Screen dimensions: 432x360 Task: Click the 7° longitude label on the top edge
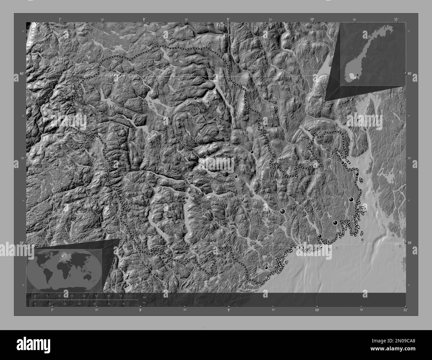pyautogui.click(x=60, y=20)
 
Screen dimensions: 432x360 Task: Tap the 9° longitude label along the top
pyautogui.click(x=228, y=20)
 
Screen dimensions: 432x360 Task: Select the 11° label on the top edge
pyautogui.click(x=396, y=20)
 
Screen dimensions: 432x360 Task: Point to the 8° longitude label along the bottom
pyautogui.click(x=141, y=310)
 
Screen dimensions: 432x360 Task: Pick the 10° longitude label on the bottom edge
pyautogui.click(x=317, y=310)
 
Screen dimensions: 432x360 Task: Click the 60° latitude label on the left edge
pyautogui.click(x=22, y=73)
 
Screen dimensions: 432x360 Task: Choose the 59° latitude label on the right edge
pyautogui.click(x=410, y=243)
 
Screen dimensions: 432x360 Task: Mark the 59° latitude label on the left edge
pyautogui.click(x=22, y=243)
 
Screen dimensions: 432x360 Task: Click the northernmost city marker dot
pyautogui.click(x=196, y=98)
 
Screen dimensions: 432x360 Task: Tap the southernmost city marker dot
pyautogui.click(x=266, y=267)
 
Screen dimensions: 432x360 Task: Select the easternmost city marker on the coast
pyautogui.click(x=357, y=174)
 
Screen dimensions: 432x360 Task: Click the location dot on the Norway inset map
pyautogui.click(x=357, y=75)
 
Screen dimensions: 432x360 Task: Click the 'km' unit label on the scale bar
pyautogui.click(x=144, y=297)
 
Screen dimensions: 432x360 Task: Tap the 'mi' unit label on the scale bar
pyautogui.click(x=144, y=303)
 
